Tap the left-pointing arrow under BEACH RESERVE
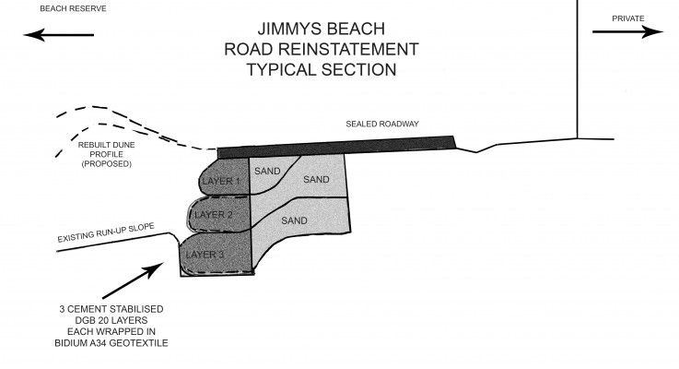[60, 35]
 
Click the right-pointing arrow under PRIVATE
[627, 31]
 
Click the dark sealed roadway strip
[336, 145]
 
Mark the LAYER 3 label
[205, 254]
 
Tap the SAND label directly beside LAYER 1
[266, 171]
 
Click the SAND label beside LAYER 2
[294, 221]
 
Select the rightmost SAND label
[316, 179]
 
